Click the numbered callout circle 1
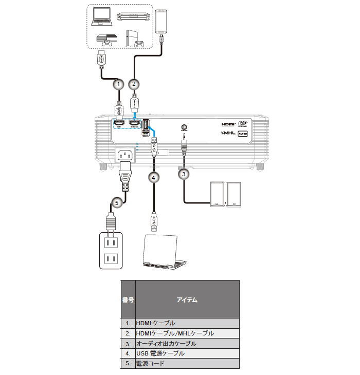click(x=119, y=83)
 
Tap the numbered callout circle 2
click(x=134, y=83)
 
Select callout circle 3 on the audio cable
click(x=184, y=174)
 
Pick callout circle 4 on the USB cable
click(x=153, y=177)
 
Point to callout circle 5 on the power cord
click(x=117, y=203)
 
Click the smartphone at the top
click(x=163, y=21)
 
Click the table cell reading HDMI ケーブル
click(x=187, y=323)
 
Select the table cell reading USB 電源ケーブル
click(x=187, y=353)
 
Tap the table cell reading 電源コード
click(x=187, y=363)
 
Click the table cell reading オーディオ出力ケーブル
click(x=187, y=343)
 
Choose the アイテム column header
click(x=187, y=299)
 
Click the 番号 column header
click(x=128, y=299)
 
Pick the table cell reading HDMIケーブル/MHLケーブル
click(x=187, y=333)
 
